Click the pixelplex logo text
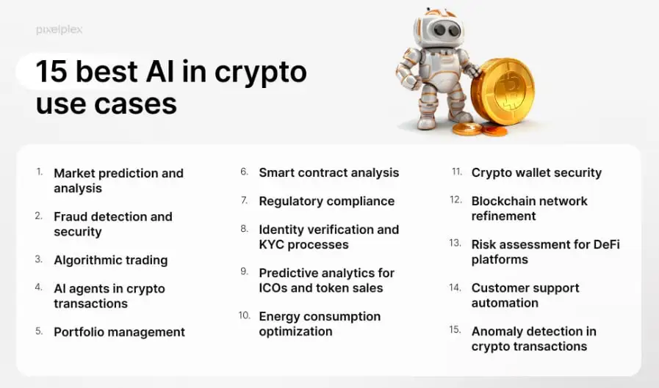59,30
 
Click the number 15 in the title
51,71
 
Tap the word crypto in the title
261,74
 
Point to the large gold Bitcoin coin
503,92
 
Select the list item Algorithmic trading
110,260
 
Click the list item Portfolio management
119,332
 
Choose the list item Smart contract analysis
328,173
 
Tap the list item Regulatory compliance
326,202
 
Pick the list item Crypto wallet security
536,173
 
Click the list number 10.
244,315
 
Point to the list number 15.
455,330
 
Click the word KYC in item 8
272,244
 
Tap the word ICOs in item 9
273,288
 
